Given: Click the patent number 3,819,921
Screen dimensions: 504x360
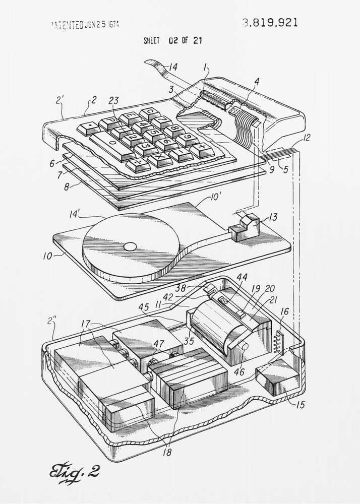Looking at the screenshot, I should (270, 23).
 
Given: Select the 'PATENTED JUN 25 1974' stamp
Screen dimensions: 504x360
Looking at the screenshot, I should (85, 25).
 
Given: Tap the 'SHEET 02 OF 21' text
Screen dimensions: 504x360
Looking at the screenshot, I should (173, 41).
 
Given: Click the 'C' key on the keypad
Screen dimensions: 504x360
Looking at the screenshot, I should (150, 113).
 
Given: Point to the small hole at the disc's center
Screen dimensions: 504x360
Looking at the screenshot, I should (130, 246).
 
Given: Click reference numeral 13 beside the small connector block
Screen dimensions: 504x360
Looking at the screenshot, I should (273, 217).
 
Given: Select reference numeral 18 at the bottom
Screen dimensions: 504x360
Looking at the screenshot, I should (167, 452).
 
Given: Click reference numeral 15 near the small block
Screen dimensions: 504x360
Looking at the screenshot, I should (300, 404).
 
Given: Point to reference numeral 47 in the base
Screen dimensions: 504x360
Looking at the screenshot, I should (159, 344).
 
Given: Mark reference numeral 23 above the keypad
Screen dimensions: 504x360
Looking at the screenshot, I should (113, 100).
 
